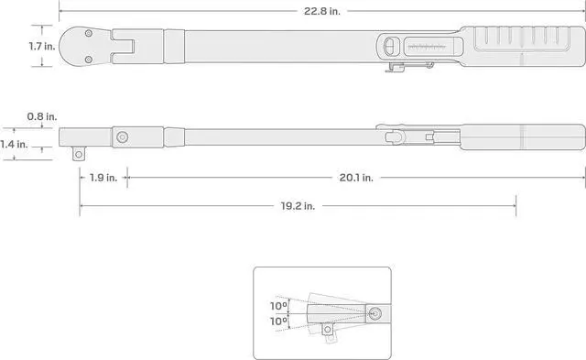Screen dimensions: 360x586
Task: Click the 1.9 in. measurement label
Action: click(x=103, y=178)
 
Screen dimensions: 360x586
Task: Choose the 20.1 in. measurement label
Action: click(x=355, y=178)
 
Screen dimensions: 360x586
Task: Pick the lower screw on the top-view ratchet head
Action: click(x=88, y=60)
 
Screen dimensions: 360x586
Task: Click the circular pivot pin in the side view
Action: click(x=122, y=137)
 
